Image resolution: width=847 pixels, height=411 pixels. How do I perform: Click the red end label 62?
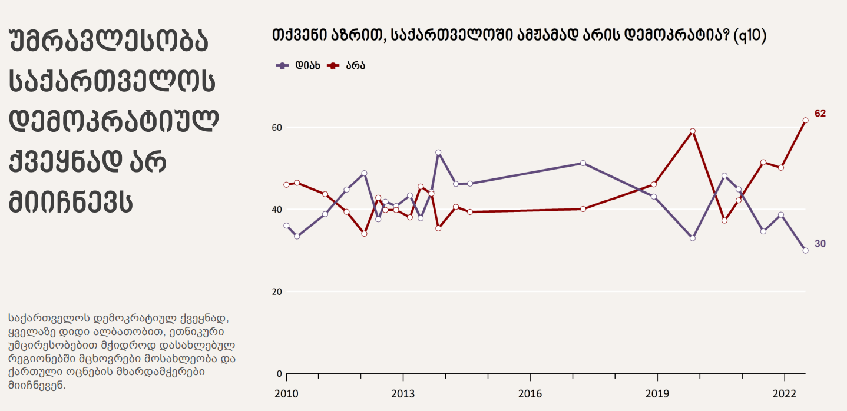coord(820,114)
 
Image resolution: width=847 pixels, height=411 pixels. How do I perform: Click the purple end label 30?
coord(820,244)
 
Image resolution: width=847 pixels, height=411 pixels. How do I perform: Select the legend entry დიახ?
coord(299,65)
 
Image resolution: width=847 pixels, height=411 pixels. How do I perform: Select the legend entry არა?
coord(347,65)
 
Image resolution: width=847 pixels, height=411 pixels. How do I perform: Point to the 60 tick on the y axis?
coord(277,128)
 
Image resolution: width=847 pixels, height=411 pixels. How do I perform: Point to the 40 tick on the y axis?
coord(277,210)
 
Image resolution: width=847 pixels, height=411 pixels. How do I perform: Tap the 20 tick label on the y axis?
coord(277,291)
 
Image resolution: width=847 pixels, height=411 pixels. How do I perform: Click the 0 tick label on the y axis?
coord(279,373)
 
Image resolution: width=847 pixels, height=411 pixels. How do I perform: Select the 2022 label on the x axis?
coord(784,393)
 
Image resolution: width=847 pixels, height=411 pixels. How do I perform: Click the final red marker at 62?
coord(805,120)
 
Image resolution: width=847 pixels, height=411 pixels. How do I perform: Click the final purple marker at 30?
coord(805,250)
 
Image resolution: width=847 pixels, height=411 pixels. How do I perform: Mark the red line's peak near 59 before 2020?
coord(693,131)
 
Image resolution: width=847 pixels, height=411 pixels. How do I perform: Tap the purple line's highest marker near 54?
coord(438,153)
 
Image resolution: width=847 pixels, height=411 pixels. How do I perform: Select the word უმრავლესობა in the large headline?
coord(109,43)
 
